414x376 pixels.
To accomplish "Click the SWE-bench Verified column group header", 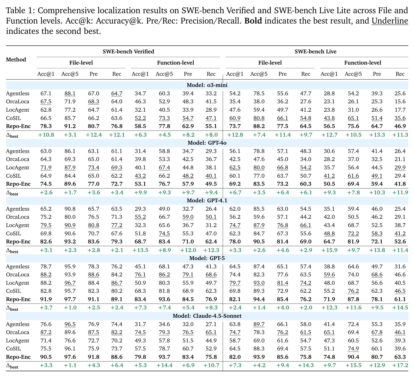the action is (128, 51).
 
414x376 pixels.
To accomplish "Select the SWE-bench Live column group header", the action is (315, 51).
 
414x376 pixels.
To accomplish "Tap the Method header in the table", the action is (16, 60).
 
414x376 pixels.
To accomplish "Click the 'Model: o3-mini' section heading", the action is (207, 85).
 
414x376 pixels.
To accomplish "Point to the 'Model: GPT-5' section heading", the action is (207, 258).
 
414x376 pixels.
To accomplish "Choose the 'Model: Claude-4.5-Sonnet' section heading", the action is (207, 316).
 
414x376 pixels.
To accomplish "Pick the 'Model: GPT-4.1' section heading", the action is (207, 200).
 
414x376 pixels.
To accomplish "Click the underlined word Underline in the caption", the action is (390, 21).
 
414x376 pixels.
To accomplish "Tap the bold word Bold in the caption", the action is (253, 21).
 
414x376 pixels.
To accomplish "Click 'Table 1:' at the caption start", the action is (20, 10).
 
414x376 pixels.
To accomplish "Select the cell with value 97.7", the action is (70, 299).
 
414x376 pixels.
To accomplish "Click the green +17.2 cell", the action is (400, 365).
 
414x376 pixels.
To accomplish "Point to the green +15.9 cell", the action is (329, 250).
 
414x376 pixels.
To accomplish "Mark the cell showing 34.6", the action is (164, 324).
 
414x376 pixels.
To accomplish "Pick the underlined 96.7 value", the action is (70, 283).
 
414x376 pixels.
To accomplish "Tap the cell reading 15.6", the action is (400, 102).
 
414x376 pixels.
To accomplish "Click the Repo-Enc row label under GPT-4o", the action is (18, 184).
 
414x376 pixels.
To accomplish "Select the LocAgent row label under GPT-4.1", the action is (17, 225).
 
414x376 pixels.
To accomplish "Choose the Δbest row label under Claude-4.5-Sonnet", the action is (12, 366).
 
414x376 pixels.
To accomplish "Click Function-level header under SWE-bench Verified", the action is (175, 63).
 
